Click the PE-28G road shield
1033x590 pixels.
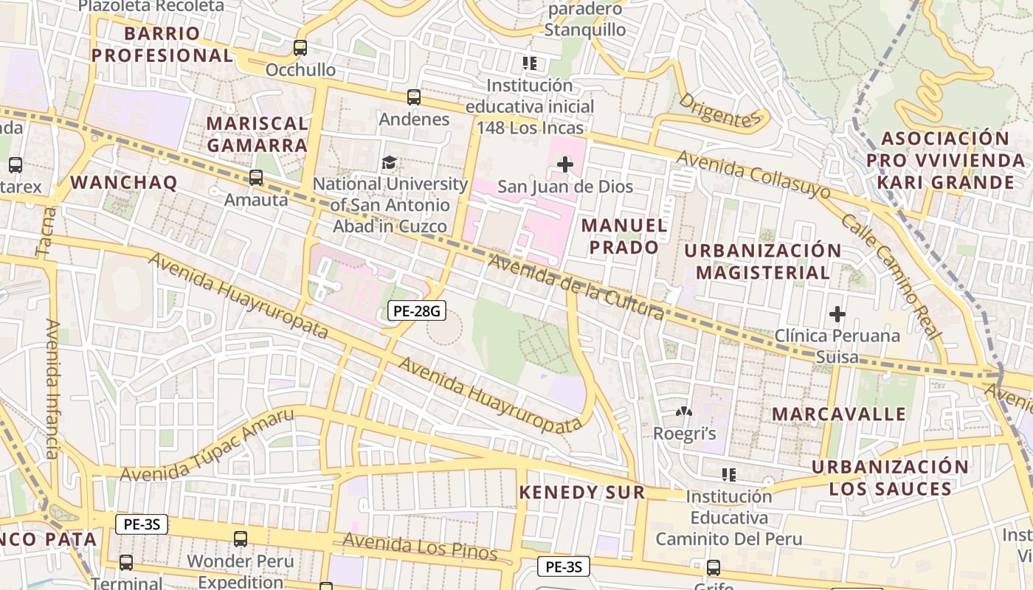point(417,310)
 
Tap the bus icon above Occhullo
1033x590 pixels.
point(300,48)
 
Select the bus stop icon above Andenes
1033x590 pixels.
point(414,97)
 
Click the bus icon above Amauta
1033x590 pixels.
point(256,177)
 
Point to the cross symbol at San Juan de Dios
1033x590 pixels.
point(564,164)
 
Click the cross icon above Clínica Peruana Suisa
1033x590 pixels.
point(837,314)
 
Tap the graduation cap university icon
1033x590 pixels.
point(388,162)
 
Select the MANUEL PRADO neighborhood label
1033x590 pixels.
point(623,236)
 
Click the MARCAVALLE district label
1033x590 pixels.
point(839,414)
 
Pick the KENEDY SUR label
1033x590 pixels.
point(582,493)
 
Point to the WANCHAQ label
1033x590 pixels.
point(124,182)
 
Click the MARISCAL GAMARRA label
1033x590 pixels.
point(257,134)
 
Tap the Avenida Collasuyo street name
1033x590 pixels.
point(753,176)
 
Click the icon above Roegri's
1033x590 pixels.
point(684,412)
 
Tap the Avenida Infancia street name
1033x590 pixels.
point(52,388)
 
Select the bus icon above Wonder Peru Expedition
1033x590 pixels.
point(241,538)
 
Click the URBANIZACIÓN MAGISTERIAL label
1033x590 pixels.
point(763,261)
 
